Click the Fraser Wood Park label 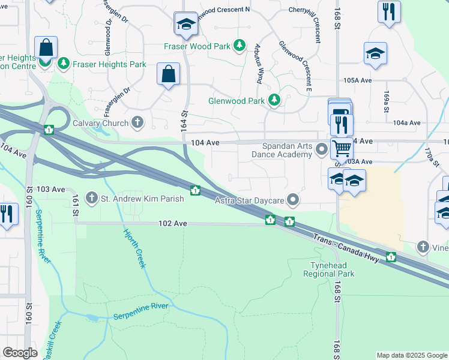(197, 46)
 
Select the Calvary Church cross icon (137, 123)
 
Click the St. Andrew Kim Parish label (142, 197)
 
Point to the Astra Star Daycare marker (293, 198)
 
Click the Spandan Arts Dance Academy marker (322, 148)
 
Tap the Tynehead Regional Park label (332, 269)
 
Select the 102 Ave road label (173, 223)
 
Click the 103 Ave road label (50, 189)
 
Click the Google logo (20, 353)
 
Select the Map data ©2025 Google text (412, 355)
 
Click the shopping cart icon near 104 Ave (342, 147)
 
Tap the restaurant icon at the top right (389, 11)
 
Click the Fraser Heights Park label (109, 64)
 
